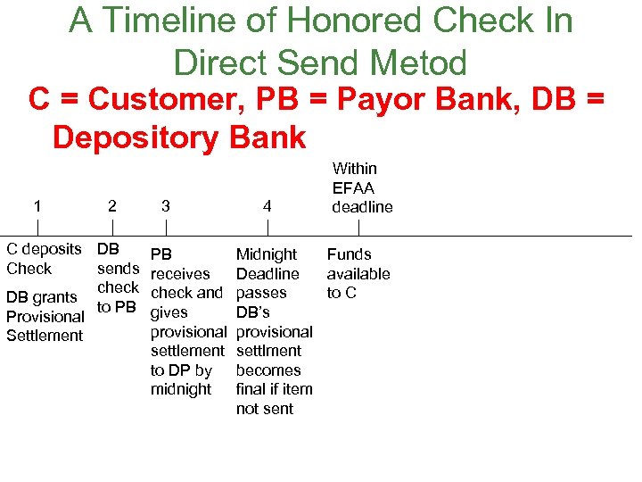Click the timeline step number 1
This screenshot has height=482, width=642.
pyautogui.click(x=37, y=206)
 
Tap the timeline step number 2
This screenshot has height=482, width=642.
pyautogui.click(x=111, y=206)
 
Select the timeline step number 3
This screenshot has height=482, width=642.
pyautogui.click(x=166, y=206)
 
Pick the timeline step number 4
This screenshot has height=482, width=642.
pyautogui.click(x=267, y=206)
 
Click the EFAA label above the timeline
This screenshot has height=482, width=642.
pyautogui.click(x=354, y=187)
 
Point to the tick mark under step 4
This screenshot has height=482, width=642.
pyautogui.click(x=267, y=228)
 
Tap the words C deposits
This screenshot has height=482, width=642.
pyautogui.click(x=44, y=249)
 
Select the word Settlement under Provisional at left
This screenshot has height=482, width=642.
pyautogui.click(x=45, y=336)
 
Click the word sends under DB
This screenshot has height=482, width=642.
pyautogui.click(x=118, y=269)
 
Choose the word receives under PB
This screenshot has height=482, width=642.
pyautogui.click(x=181, y=274)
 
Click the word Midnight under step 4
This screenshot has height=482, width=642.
pyautogui.click(x=267, y=255)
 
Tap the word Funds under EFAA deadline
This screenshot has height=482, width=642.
pyautogui.click(x=349, y=254)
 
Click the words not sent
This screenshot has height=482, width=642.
pyautogui.click(x=264, y=409)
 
